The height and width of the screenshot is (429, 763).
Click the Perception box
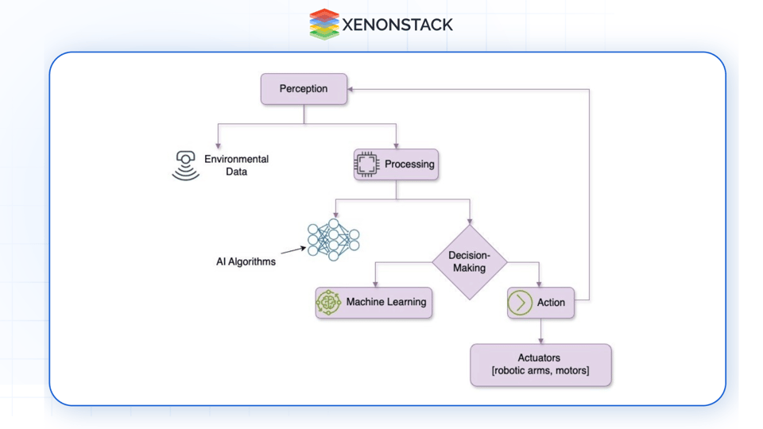click(304, 89)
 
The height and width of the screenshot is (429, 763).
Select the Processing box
click(396, 164)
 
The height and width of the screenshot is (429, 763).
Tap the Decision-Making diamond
click(469, 262)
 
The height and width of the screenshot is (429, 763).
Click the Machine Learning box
click(374, 303)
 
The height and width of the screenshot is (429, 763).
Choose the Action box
click(540, 303)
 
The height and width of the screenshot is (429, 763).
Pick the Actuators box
click(540, 365)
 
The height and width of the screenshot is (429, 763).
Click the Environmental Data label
click(236, 165)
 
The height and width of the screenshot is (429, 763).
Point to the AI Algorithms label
click(246, 261)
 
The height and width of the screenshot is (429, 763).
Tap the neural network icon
click(333, 239)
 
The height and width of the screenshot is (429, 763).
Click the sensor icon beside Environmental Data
click(186, 165)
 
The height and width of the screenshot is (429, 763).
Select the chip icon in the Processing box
click(366, 164)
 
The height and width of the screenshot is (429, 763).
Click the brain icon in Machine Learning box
click(328, 303)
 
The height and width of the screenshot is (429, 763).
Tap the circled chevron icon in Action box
click(520, 303)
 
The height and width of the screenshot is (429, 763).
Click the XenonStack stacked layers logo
click(324, 24)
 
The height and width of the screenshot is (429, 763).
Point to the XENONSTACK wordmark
click(397, 25)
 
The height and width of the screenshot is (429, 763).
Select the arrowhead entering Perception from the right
click(351, 89)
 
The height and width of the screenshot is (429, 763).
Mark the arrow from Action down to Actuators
click(541, 332)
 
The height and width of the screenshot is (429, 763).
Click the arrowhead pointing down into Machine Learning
click(375, 284)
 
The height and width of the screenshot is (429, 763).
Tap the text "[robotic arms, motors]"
click(540, 371)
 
